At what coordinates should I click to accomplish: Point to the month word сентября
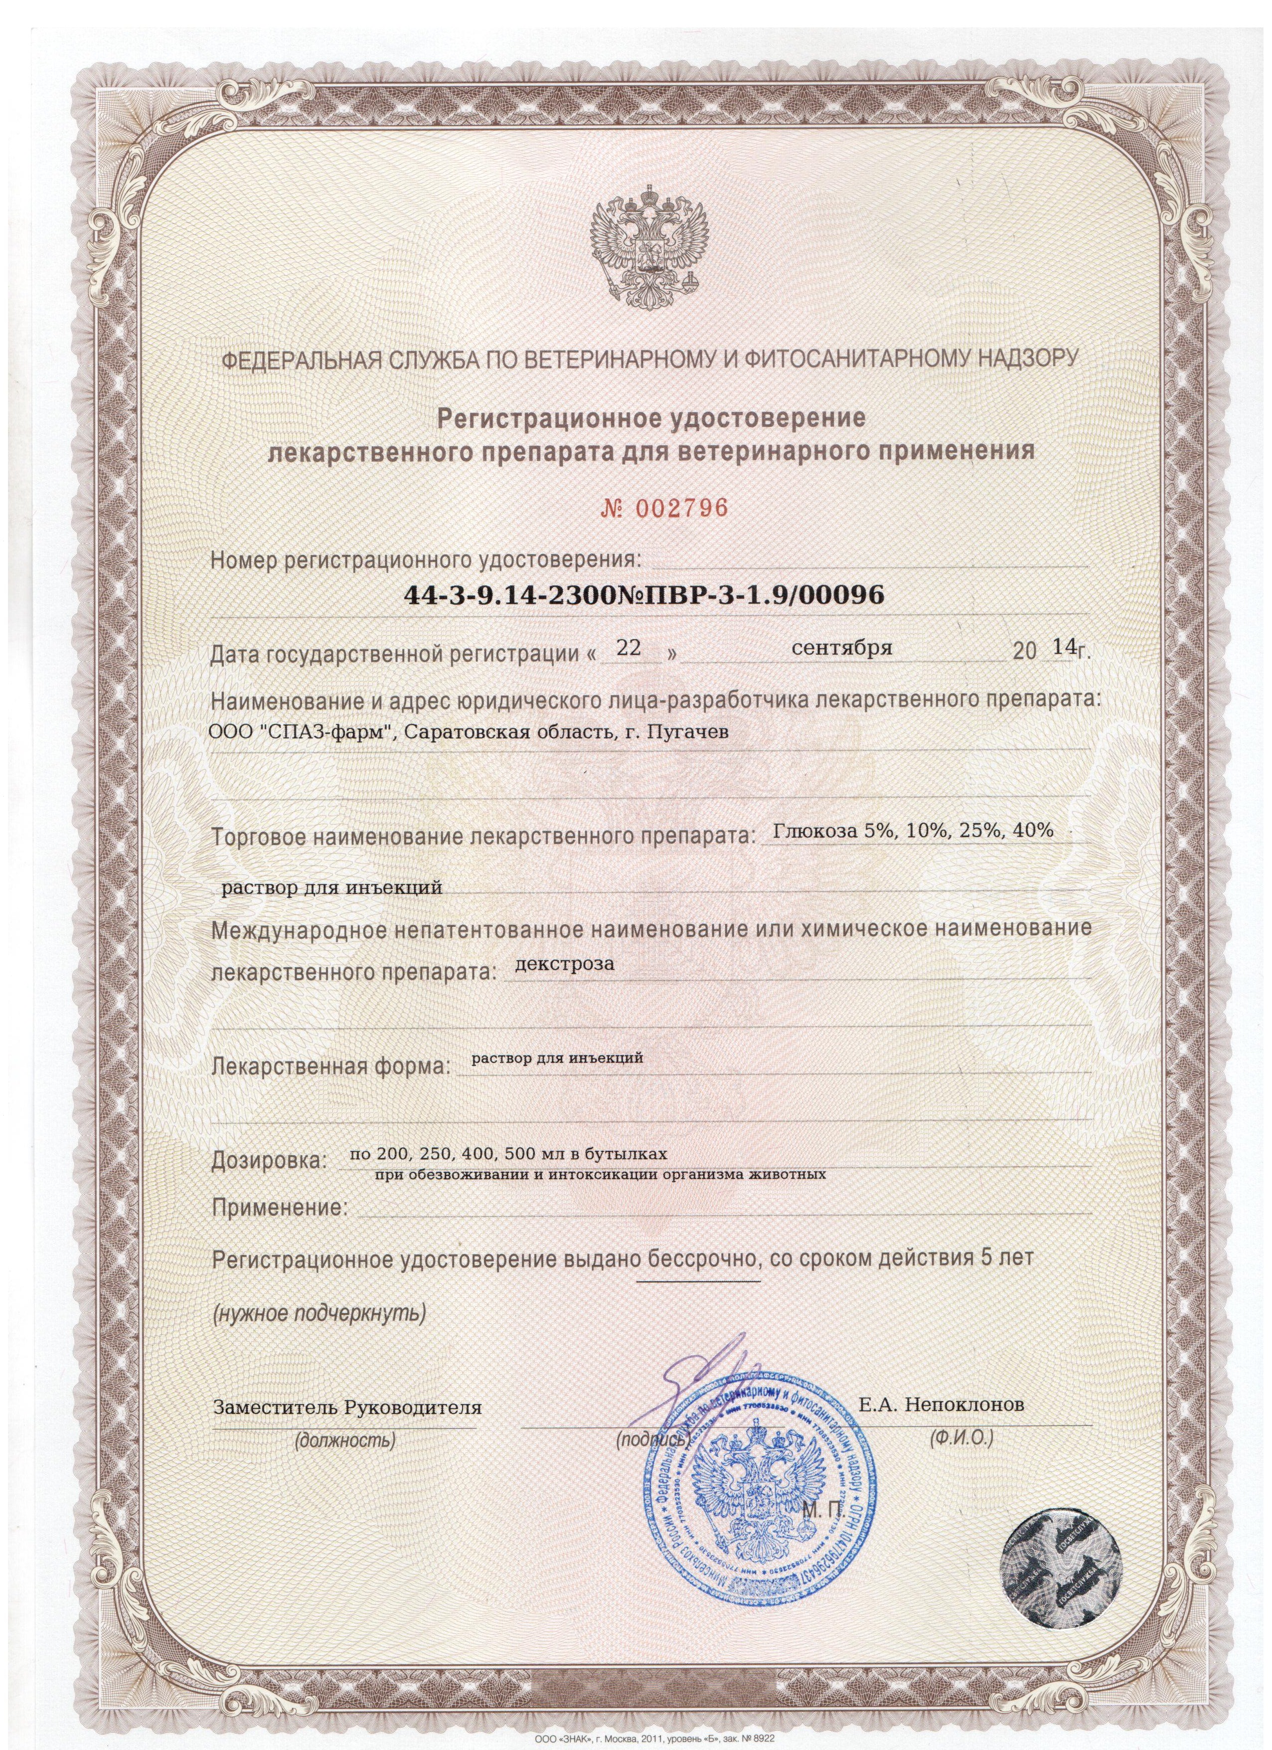coord(842,649)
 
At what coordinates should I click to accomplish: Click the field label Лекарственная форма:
coord(329,1068)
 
